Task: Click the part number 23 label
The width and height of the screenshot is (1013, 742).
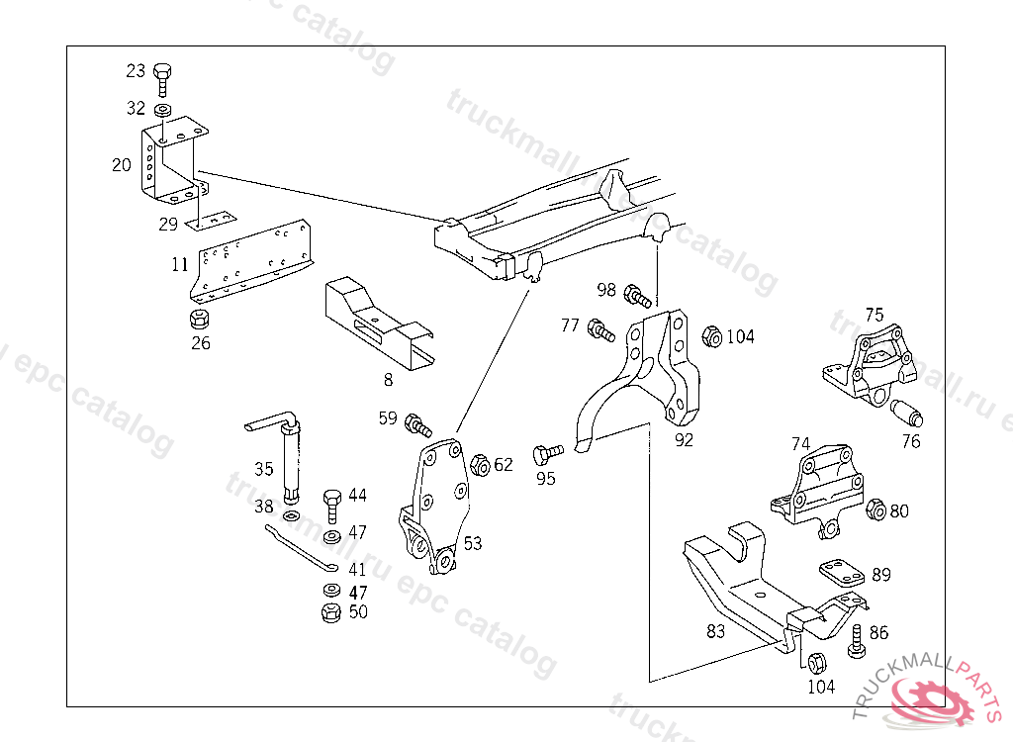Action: click(x=136, y=71)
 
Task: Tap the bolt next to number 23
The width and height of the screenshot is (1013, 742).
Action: click(x=163, y=75)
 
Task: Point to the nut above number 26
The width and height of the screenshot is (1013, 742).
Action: click(x=199, y=319)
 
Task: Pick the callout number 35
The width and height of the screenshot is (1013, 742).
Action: click(x=263, y=469)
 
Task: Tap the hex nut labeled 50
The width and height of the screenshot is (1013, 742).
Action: click(x=331, y=612)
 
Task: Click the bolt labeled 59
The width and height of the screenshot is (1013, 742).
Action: click(x=417, y=425)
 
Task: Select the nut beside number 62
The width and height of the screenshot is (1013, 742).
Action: click(x=480, y=464)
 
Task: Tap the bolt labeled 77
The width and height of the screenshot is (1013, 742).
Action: click(x=600, y=329)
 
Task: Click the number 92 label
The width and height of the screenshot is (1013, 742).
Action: click(x=684, y=440)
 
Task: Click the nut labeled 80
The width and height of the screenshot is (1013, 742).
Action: click(x=875, y=510)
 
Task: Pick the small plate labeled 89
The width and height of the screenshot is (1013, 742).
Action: click(x=841, y=574)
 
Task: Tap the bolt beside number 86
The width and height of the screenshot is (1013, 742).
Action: click(x=857, y=642)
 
